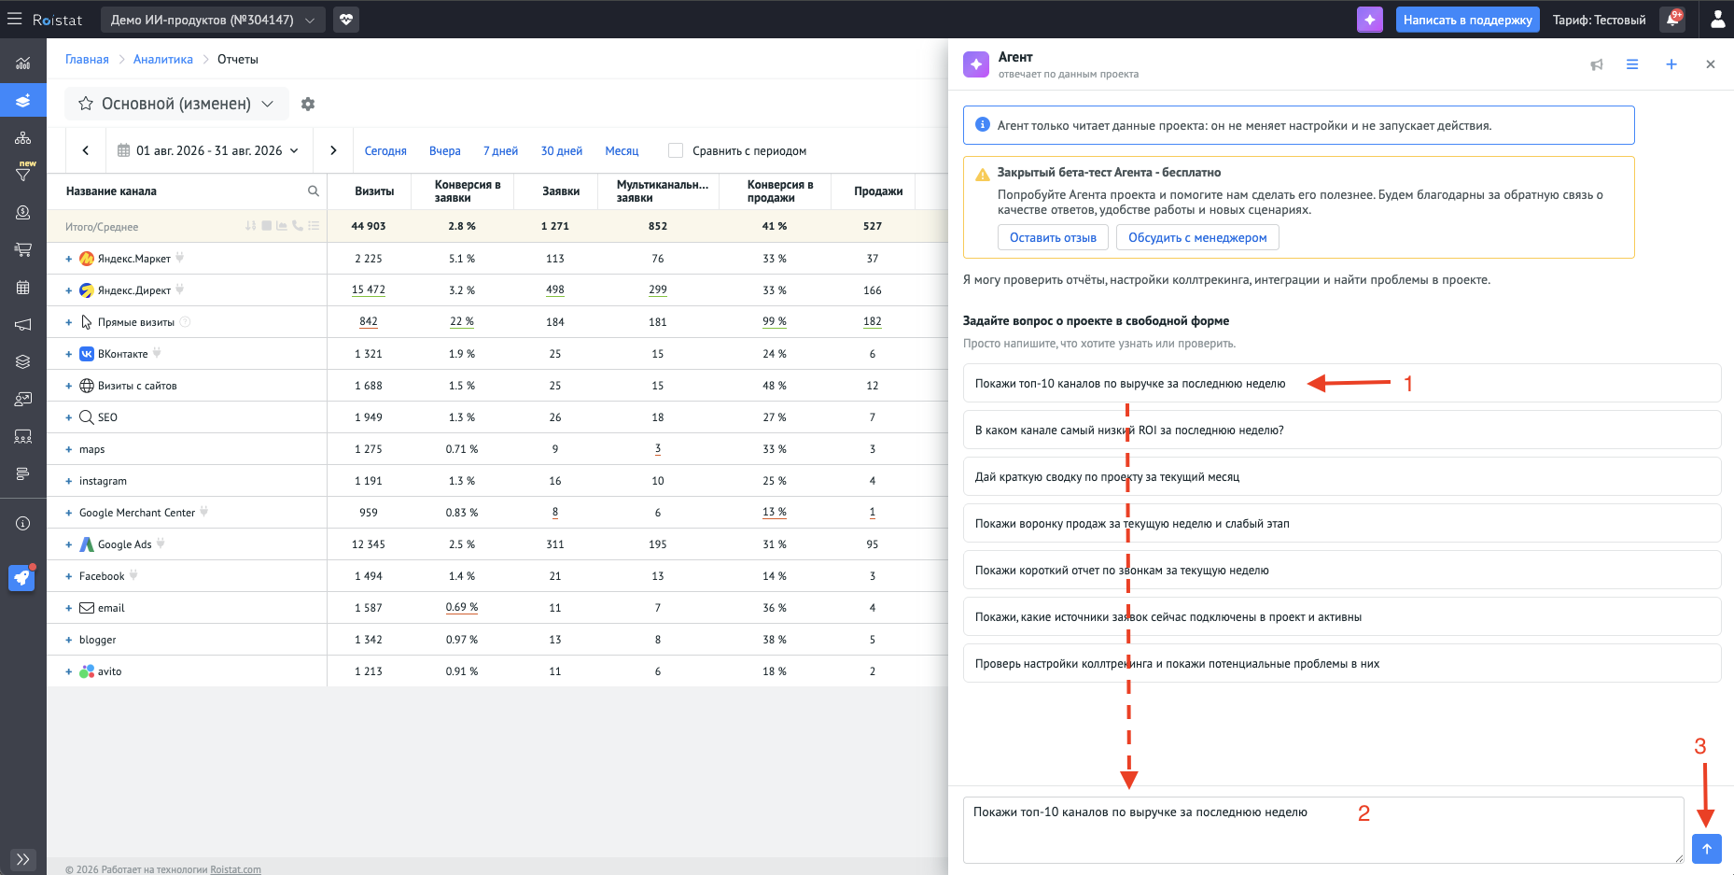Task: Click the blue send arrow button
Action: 1706,848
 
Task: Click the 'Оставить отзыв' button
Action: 1053,237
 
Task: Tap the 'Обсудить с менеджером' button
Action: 1197,237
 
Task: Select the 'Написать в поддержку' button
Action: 1467,20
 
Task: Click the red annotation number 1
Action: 1408,383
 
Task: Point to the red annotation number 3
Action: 1699,746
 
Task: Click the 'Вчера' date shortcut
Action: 444,150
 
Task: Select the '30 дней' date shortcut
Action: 562,150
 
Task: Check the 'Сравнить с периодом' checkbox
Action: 676,150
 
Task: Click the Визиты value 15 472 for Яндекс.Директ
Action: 368,289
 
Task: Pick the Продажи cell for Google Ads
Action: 872,543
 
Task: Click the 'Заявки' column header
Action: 561,191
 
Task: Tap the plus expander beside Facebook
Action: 68,576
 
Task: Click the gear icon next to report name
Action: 308,104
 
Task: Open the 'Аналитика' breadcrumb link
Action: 163,59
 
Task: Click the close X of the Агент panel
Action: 1710,64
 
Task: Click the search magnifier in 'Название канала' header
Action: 314,191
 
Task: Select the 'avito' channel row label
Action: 109,671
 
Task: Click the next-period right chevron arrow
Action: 333,150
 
